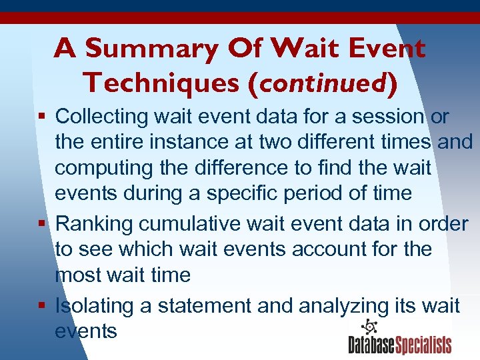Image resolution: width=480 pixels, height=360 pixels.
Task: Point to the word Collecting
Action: [x=101, y=116]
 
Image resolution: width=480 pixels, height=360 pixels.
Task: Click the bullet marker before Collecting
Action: [x=43, y=117]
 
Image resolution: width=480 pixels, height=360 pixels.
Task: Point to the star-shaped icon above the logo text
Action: [x=368, y=327]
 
